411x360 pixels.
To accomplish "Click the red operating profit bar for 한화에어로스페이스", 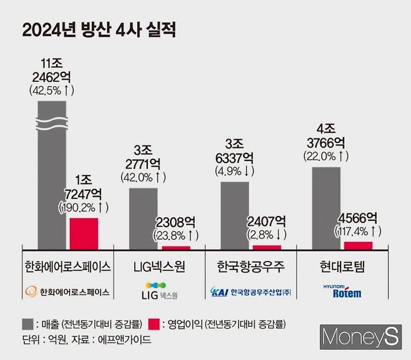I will pos(83,232).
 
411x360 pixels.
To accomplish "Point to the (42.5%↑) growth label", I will pos(51,90).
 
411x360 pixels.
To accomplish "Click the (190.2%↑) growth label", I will pos(84,205).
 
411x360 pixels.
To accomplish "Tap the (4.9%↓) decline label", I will pos(235,170).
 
